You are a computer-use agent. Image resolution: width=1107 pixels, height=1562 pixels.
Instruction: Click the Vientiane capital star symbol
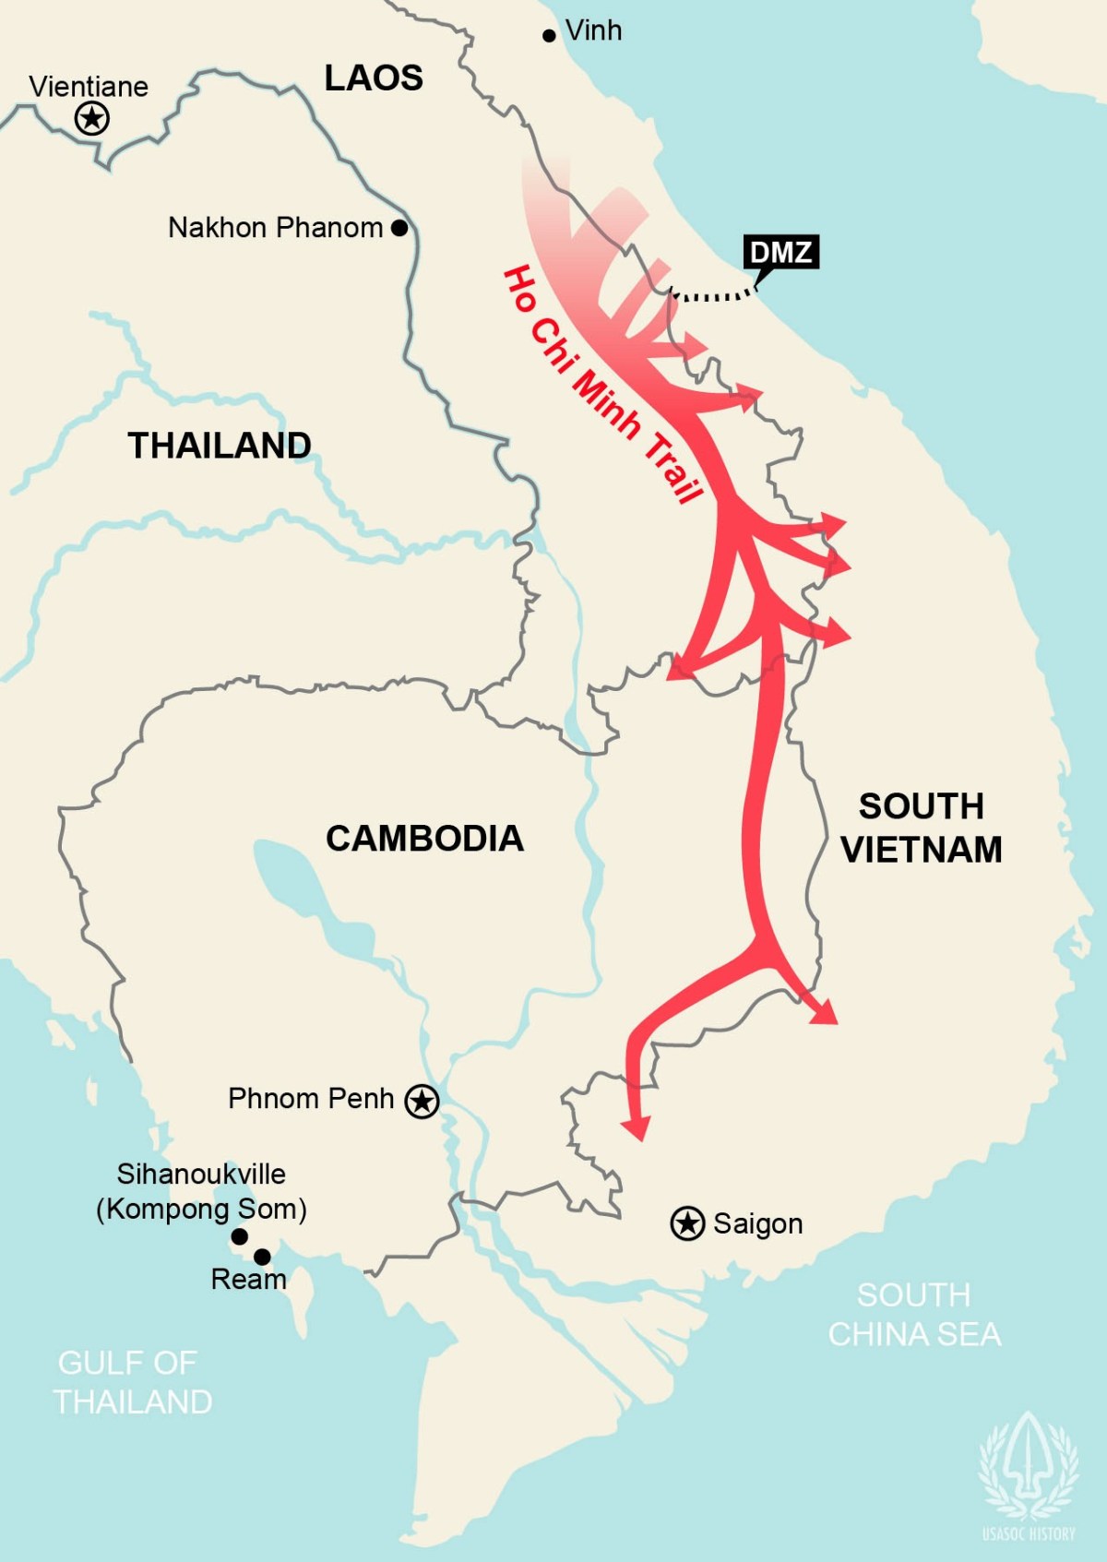(x=91, y=118)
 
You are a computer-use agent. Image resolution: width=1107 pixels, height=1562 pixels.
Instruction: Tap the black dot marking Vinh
(x=549, y=36)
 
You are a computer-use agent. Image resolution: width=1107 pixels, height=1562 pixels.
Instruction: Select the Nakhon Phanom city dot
(x=399, y=227)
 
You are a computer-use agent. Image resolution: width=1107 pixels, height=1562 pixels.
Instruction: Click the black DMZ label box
(x=780, y=252)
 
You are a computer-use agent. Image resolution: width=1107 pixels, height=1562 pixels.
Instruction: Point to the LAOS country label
(x=374, y=78)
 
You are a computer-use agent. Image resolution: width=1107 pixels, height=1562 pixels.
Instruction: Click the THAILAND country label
(x=220, y=446)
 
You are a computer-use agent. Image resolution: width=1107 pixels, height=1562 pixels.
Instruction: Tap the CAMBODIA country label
(x=424, y=839)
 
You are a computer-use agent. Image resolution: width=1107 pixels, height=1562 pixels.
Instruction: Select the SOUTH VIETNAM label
(x=921, y=828)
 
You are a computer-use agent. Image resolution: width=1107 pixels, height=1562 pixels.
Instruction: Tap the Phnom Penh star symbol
(x=423, y=1101)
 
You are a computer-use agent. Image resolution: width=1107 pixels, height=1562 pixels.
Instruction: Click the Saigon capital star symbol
(x=687, y=1223)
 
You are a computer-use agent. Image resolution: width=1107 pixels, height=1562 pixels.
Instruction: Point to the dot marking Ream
(x=262, y=1257)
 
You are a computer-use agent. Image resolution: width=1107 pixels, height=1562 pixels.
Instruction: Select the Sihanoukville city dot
(x=239, y=1236)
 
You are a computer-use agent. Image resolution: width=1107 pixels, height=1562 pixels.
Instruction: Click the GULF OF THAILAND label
(x=132, y=1382)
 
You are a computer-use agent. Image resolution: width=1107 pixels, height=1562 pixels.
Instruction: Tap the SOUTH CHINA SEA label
(x=913, y=1315)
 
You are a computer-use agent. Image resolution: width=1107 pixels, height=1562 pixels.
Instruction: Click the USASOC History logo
(x=1029, y=1476)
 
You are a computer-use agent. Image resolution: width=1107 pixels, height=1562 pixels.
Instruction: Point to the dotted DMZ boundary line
(x=710, y=296)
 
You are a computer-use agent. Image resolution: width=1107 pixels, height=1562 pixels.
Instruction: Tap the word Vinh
(x=593, y=30)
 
